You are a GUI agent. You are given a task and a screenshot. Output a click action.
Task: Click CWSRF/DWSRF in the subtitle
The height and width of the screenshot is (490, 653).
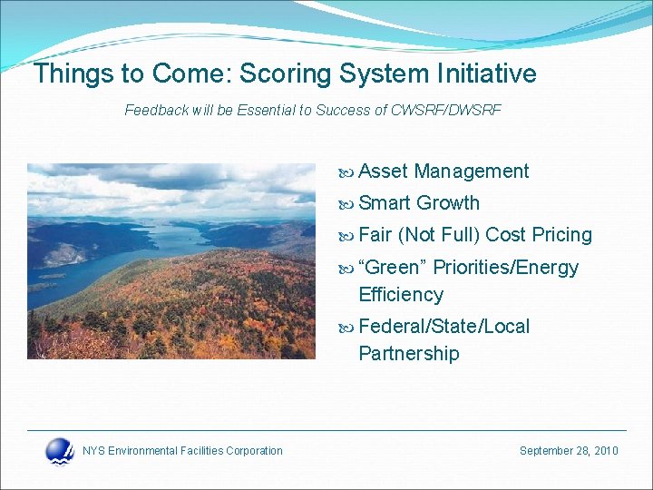coord(445,111)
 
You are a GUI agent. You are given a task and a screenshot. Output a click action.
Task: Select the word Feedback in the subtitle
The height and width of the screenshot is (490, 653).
coord(156,111)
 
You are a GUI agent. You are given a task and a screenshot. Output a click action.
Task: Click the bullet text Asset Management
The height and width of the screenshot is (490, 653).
coord(443,171)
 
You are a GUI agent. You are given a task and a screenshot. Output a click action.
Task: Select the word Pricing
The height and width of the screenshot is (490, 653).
coord(561,235)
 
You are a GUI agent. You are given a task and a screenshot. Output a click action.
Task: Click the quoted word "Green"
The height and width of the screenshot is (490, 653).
coord(393,268)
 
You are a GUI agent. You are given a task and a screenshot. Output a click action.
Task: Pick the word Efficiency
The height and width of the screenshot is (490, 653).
coord(401,295)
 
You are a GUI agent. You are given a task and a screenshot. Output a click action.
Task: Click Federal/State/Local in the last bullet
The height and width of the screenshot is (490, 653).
coord(443,327)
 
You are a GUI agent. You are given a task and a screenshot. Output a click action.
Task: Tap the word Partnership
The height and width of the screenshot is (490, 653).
coord(408,354)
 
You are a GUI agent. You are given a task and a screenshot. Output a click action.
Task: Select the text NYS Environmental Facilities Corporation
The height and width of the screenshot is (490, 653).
coord(182,451)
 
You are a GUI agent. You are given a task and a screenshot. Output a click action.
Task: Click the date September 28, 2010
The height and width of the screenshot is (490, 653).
coord(569,451)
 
